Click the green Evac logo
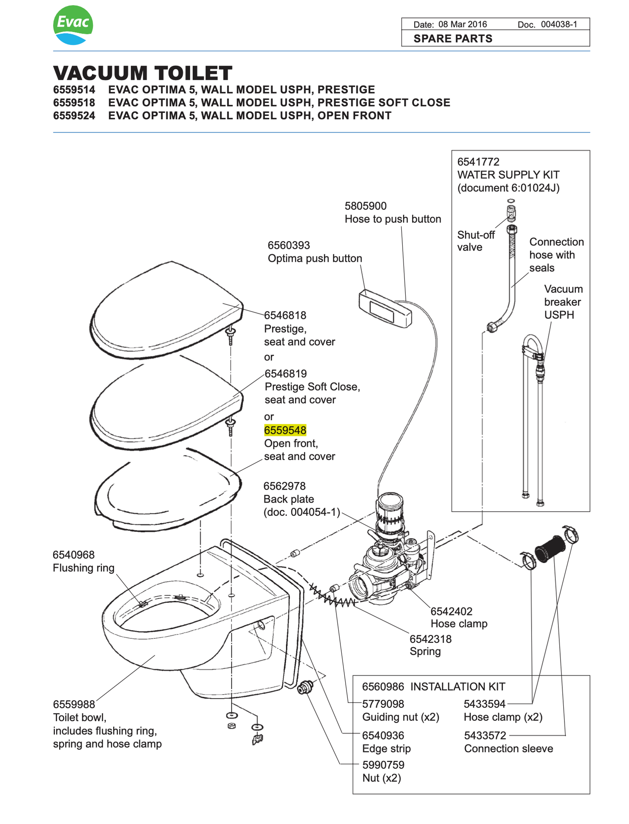tap(73, 25)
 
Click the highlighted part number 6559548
tap(285, 430)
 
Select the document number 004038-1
tap(559, 24)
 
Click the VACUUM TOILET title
tap(143, 73)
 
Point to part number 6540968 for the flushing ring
tap(74, 555)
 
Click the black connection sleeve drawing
tap(549, 548)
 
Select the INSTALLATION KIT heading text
tap(457, 687)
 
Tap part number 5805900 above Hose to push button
tap(366, 206)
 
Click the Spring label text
tap(425, 652)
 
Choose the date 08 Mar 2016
tap(462, 24)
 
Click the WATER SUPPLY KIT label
tap(508, 175)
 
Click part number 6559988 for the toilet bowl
tap(74, 705)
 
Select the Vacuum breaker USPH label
tap(563, 302)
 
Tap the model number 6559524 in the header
tap(74, 116)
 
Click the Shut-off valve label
tap(475, 241)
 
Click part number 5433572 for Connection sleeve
tap(485, 736)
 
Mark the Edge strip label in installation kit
tap(386, 749)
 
